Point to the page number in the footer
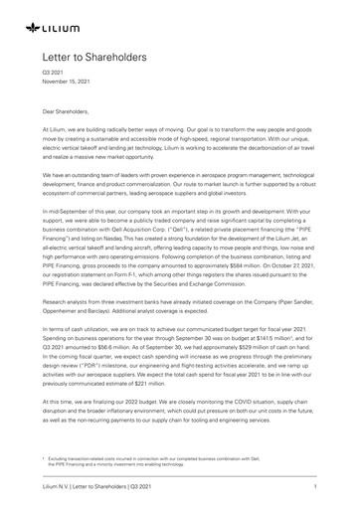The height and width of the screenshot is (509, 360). [313, 487]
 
